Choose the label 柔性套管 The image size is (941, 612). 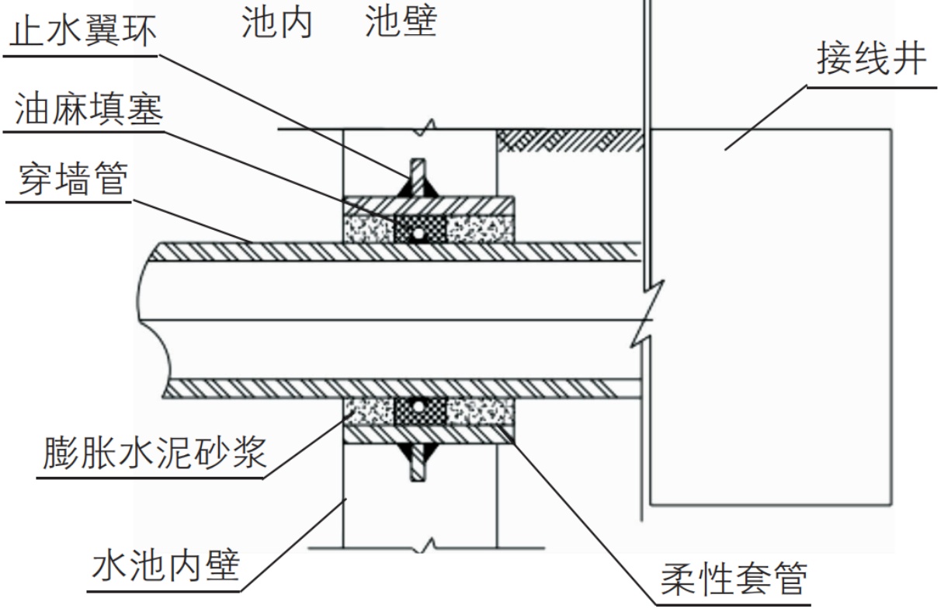click(734, 579)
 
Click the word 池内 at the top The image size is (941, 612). click(276, 23)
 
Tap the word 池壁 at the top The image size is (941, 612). click(401, 23)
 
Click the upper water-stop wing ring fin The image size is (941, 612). click(418, 178)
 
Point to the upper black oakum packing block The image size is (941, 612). click(419, 230)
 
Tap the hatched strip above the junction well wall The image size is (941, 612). click(570, 140)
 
